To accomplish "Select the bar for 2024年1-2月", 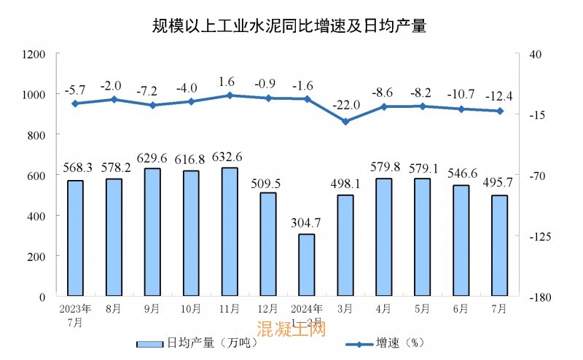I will (x=307, y=265).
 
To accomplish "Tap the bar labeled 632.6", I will (x=230, y=232).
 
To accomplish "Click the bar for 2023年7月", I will (x=75, y=238).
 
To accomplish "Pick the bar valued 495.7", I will (x=499, y=246).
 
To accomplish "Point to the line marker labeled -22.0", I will (x=345, y=121).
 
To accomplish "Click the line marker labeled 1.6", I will (x=230, y=95).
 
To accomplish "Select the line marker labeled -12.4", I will (x=500, y=111).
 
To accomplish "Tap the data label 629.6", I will (x=152, y=157).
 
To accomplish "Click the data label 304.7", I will (x=307, y=223).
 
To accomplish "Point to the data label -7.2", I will (x=152, y=93).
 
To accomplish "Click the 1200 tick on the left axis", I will (x=34, y=55).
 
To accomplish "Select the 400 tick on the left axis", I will (x=37, y=216).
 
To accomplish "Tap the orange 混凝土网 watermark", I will (x=291, y=330).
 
